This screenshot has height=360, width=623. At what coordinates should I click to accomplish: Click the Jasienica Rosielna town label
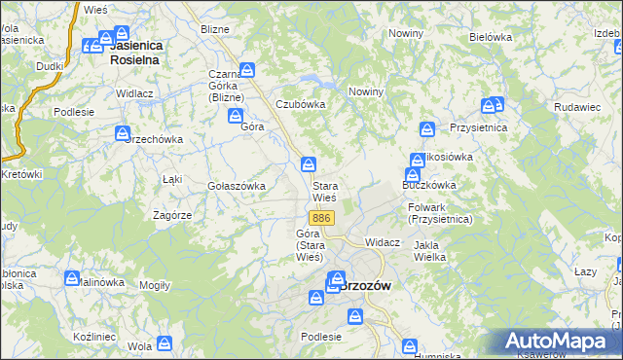(x=135, y=52)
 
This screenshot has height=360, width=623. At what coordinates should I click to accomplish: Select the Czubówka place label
(x=299, y=104)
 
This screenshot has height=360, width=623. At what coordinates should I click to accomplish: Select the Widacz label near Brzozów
(x=382, y=241)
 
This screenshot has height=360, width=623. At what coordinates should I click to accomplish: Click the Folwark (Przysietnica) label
(x=441, y=213)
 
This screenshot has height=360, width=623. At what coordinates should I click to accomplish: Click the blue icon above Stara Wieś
(x=309, y=164)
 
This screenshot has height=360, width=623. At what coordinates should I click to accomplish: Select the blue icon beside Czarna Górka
(x=247, y=70)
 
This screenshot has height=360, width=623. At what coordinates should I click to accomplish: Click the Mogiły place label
(x=155, y=285)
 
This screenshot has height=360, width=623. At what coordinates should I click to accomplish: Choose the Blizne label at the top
(x=214, y=29)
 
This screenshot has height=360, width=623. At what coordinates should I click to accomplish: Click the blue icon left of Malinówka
(x=71, y=278)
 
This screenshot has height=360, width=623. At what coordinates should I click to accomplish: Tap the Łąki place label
(x=173, y=179)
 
